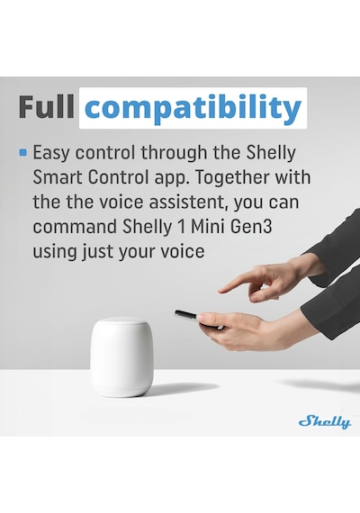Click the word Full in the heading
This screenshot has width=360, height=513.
coord(47,106)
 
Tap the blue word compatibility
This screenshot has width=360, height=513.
coord(193,109)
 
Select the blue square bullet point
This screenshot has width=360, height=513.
coord(23,152)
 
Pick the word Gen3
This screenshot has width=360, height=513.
coord(251,227)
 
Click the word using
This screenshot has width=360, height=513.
coord(54,252)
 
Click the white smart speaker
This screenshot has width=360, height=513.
coord(121,356)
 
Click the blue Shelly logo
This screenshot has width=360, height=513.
coord(325,422)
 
